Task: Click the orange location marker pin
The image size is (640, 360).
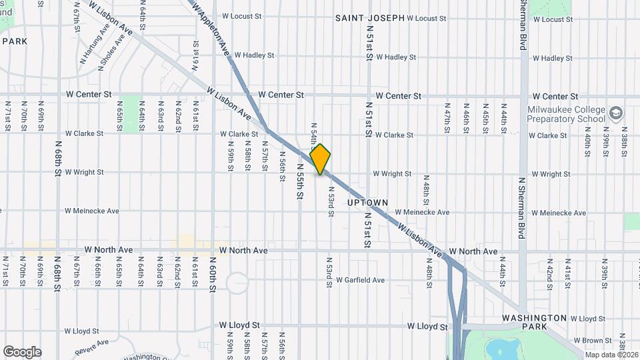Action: click(321, 159)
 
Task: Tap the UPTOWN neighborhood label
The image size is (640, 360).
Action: click(368, 202)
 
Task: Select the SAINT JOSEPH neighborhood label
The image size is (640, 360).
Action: click(369, 18)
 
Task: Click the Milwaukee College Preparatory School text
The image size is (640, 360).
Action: click(566, 115)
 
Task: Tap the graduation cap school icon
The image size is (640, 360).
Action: click(615, 113)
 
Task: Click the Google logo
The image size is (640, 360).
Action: click(22, 352)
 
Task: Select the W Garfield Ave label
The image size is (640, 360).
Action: click(360, 280)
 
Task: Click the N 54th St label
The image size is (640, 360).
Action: click(313, 134)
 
